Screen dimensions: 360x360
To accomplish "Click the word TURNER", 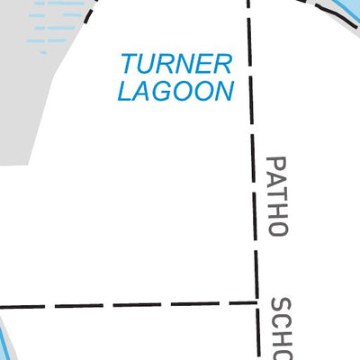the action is [177, 64].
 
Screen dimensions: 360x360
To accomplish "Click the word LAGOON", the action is [175, 91].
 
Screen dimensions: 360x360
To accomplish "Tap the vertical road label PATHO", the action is [277, 196].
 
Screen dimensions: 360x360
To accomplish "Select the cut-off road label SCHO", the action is [281, 328].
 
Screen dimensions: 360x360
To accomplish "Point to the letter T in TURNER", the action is [130, 64].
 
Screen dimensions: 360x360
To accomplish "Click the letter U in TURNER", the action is [148, 64].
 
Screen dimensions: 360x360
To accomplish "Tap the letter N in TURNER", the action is [184, 64].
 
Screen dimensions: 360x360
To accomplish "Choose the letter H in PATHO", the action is [277, 210].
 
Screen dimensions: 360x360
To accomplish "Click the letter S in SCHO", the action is [281, 305].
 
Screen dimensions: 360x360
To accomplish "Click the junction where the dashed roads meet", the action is [257, 302].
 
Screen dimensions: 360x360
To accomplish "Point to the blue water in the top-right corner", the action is [351, 9].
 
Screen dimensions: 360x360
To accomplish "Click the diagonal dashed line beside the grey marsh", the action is [89, 12].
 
